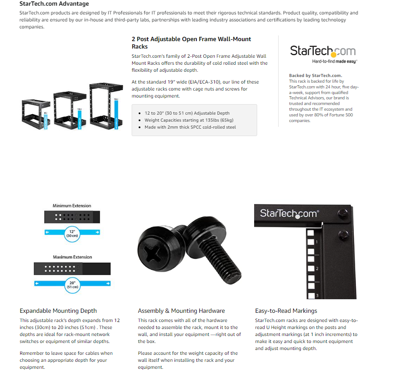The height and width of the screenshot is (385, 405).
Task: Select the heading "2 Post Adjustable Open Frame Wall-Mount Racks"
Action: [x=191, y=42]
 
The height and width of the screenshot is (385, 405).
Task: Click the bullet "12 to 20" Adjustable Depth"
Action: [x=187, y=113]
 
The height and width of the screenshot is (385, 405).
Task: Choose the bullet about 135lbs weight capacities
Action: [x=189, y=120]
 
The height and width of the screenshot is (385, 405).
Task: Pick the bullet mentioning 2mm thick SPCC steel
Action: [x=190, y=127]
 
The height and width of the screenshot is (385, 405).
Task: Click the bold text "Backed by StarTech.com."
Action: [x=315, y=76]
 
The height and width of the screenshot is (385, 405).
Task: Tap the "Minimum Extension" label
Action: [x=72, y=206]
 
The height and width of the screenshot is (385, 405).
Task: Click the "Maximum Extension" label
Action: [x=73, y=257]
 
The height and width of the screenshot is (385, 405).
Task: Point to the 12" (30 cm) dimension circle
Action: [x=72, y=232]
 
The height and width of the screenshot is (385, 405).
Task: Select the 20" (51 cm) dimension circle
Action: [x=72, y=284]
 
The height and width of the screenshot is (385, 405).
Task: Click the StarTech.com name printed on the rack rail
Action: [x=289, y=213]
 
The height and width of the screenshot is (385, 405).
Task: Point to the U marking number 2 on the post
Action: [x=316, y=269]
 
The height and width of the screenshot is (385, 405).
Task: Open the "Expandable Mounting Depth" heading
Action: [x=58, y=311]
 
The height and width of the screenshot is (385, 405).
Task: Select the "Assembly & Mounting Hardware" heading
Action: [x=181, y=311]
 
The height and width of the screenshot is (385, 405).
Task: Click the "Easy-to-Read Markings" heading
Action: [x=286, y=311]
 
